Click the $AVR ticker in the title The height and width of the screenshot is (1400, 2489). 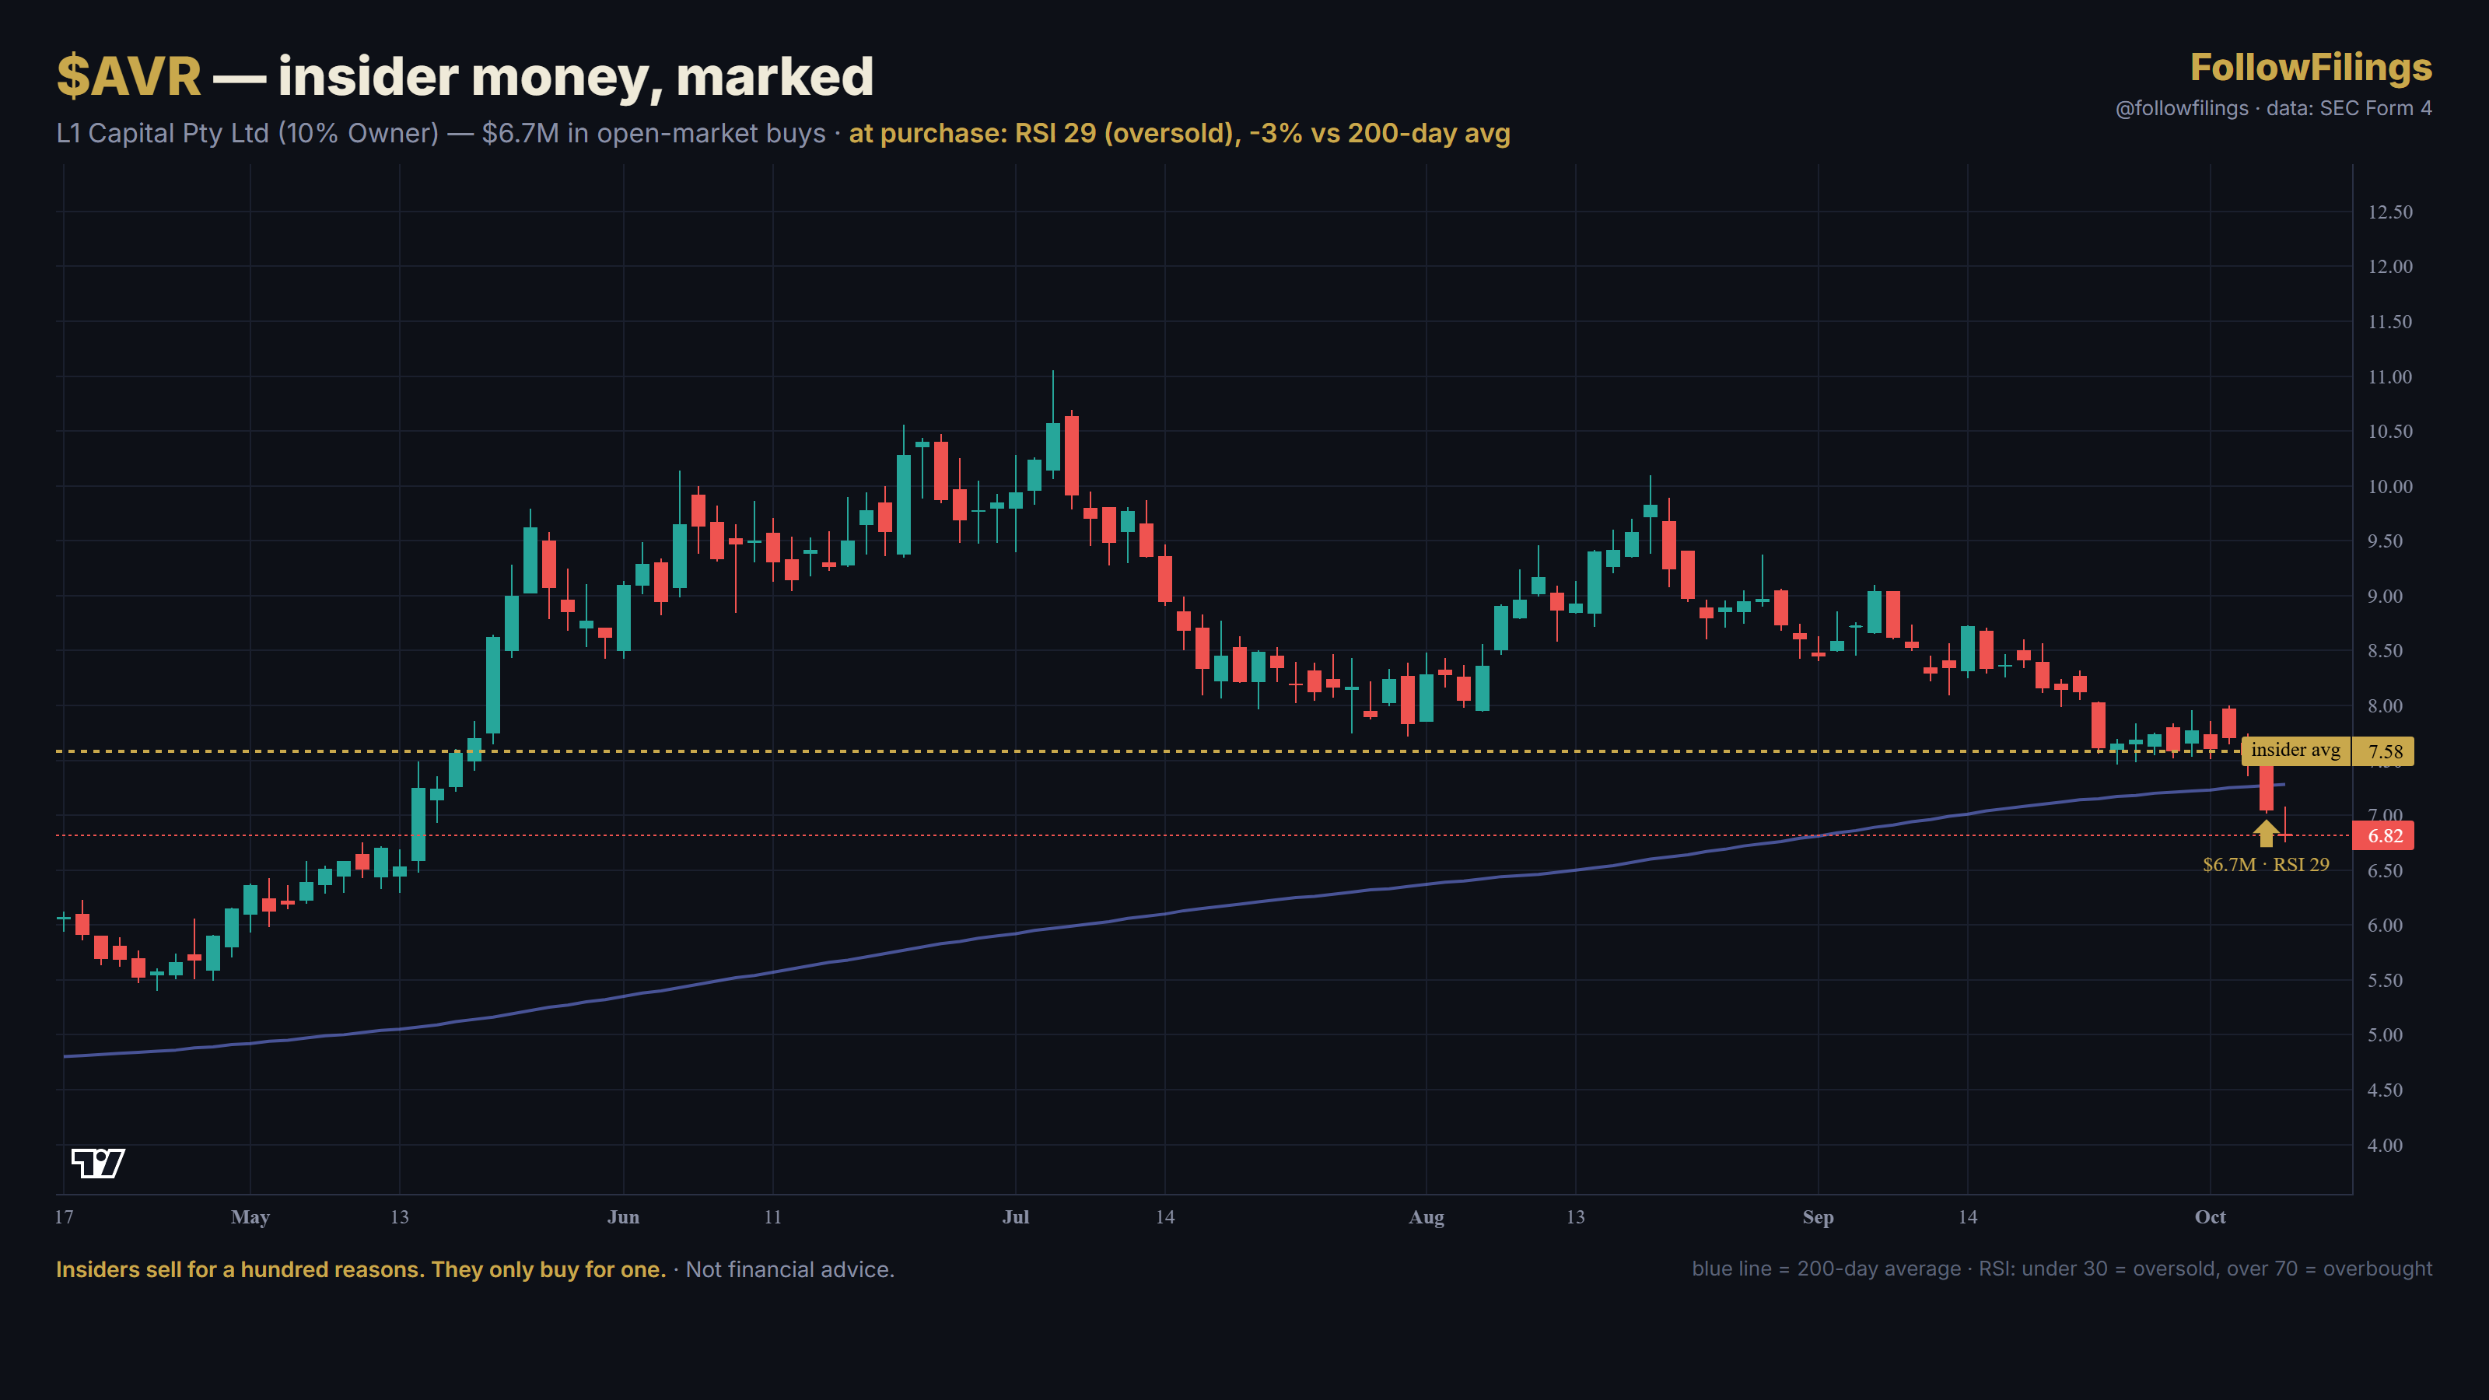coord(129,76)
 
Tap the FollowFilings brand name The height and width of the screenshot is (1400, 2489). coord(2310,68)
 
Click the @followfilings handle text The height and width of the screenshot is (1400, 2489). coord(2182,108)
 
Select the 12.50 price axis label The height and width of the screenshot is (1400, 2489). coord(2389,212)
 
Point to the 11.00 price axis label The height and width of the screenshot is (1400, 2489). coord(2389,376)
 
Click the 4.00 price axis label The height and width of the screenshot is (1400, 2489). coord(2385,1145)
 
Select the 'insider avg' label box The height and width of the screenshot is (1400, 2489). coord(2296,751)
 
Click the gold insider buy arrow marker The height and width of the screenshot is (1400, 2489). coord(2266,833)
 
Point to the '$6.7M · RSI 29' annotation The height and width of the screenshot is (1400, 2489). coord(2266,865)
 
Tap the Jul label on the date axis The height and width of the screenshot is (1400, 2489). coord(1016,1217)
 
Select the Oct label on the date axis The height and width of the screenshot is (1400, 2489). coord(2210,1217)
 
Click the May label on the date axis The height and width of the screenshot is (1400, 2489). coord(250,1218)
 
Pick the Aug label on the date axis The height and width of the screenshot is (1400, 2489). coord(1427,1218)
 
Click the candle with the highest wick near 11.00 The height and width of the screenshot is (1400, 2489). coord(1053,444)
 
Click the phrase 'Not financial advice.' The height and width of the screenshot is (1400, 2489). coord(790,1269)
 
